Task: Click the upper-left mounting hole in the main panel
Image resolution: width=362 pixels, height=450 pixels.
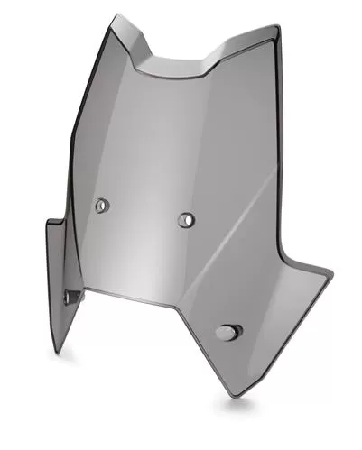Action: [101, 207]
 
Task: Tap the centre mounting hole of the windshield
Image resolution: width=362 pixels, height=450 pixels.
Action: [187, 218]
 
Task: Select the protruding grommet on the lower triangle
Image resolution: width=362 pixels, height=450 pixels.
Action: [225, 332]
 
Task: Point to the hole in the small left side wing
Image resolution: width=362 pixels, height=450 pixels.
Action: [70, 294]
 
